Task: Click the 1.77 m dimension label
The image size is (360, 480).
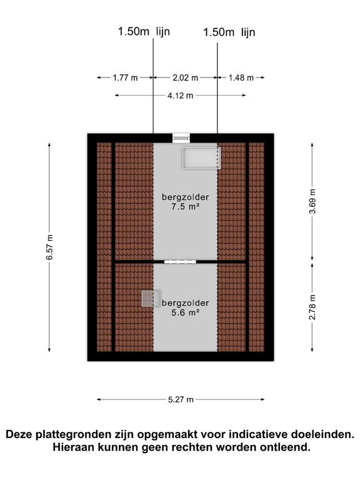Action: (x=125, y=77)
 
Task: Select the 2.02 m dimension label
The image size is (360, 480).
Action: (x=185, y=77)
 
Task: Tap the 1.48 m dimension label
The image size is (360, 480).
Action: (x=241, y=77)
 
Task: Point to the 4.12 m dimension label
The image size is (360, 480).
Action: (x=180, y=96)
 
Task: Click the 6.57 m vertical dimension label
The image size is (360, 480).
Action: (x=49, y=247)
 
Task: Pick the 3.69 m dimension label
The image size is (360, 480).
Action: (x=312, y=201)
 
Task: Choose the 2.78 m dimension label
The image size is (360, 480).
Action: (x=312, y=307)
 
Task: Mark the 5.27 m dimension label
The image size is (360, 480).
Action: (x=181, y=399)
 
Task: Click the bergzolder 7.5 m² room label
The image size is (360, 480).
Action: (x=186, y=202)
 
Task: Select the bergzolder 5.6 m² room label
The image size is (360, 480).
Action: (x=186, y=307)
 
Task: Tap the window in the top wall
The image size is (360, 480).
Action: (x=181, y=138)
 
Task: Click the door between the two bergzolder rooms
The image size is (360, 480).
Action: (x=180, y=262)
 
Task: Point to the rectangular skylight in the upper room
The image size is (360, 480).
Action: (x=201, y=158)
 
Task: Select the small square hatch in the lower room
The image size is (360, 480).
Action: (x=151, y=299)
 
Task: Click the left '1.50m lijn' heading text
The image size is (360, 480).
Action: (x=144, y=31)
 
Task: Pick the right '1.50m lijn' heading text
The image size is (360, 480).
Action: (x=229, y=32)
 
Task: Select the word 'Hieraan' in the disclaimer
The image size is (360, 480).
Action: (x=74, y=447)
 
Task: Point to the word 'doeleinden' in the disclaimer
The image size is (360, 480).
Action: (x=322, y=434)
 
